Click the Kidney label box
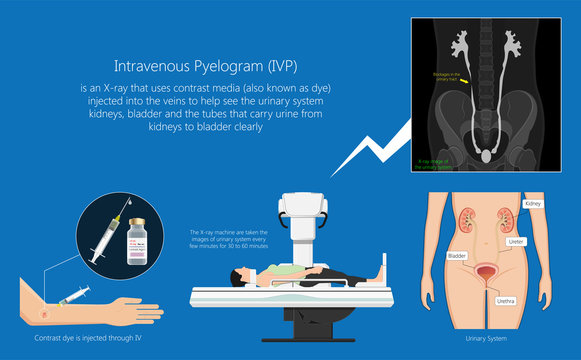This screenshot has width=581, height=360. [533, 203]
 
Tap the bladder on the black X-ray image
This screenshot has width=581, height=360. [486, 157]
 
